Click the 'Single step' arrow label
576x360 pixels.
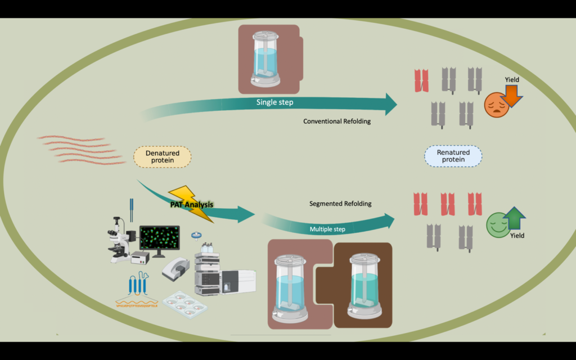point(274,102)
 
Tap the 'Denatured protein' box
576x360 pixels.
point(163,156)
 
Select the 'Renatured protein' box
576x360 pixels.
point(453,156)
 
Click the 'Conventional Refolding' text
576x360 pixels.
point(337,121)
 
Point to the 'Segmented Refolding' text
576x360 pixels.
point(340,204)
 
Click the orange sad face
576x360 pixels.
point(496,105)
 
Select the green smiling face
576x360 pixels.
point(497,224)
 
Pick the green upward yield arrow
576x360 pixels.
point(514,218)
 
